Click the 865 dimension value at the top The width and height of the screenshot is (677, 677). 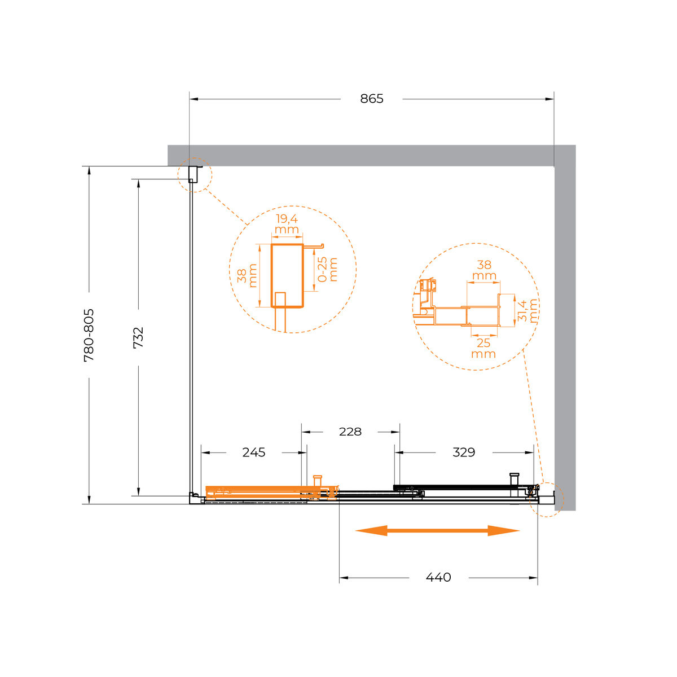click(x=371, y=99)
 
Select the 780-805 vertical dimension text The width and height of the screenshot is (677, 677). click(x=89, y=335)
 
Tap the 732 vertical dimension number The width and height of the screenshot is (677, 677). click(x=138, y=337)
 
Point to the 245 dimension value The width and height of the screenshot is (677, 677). click(x=254, y=452)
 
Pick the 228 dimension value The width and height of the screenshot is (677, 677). click(x=350, y=432)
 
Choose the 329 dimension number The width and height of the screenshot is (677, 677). click(x=464, y=452)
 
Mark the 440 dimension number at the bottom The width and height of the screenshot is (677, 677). click(x=438, y=577)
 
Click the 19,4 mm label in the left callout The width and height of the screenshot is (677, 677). click(x=287, y=224)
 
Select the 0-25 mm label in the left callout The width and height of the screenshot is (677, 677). click(x=327, y=270)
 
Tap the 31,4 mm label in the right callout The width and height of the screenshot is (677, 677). click(x=527, y=310)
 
